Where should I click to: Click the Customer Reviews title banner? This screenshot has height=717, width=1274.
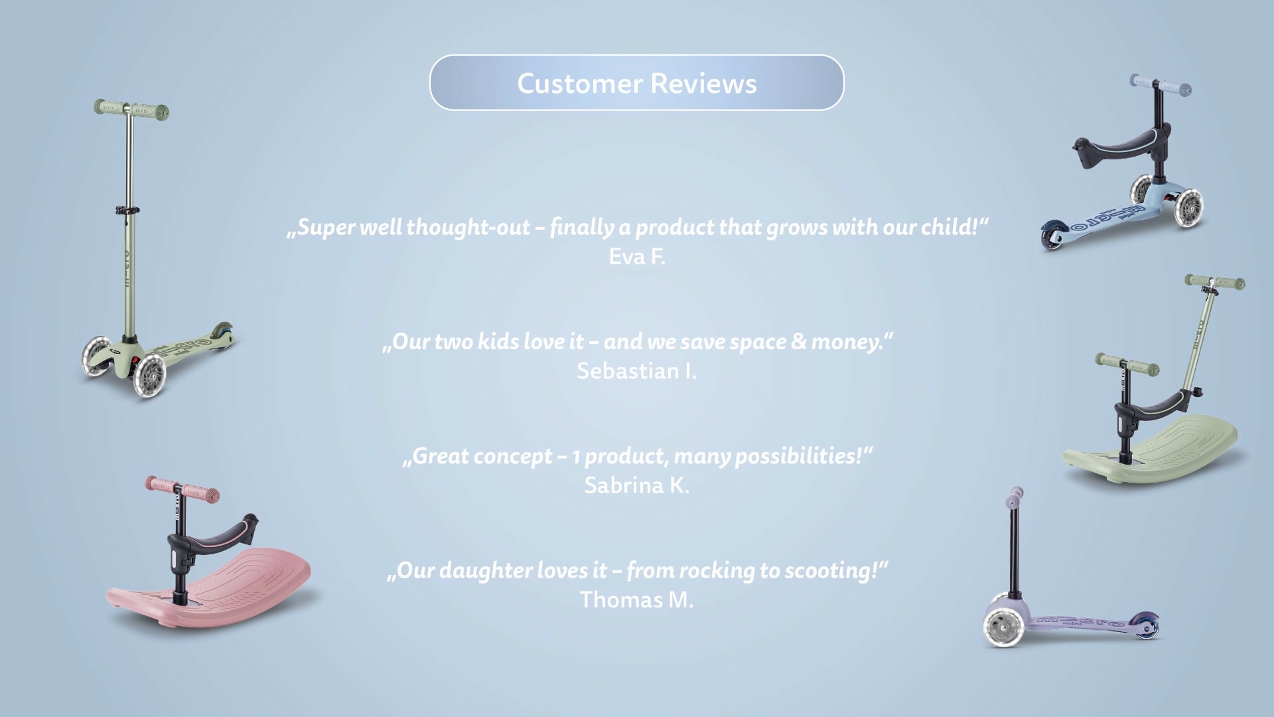coord(637,83)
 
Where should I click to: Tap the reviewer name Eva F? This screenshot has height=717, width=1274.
coord(637,257)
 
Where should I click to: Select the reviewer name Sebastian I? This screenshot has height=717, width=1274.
coord(637,371)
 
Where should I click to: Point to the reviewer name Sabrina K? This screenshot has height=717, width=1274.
coord(637,485)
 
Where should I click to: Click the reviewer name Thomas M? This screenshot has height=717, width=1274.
coord(637,600)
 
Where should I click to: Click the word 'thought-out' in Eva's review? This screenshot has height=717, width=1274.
coord(468,227)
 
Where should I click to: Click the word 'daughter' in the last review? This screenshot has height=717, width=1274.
coord(486,570)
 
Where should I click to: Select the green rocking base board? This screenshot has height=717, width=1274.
coord(1151,449)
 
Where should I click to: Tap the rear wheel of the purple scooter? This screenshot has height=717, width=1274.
coord(1147,625)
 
